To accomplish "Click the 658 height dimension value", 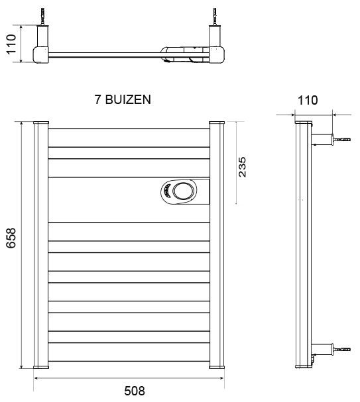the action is (x=11, y=238).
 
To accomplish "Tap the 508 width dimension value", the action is (x=135, y=391).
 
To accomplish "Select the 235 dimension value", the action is (x=242, y=167).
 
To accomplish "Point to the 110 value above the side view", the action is (x=308, y=100).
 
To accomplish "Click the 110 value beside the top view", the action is (x=11, y=44).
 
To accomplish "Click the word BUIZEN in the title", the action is (x=128, y=99).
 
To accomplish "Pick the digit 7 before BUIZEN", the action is (x=97, y=99).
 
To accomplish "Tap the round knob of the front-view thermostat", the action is (x=184, y=191).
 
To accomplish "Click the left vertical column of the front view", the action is (x=41, y=245).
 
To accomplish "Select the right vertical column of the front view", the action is (x=217, y=245).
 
